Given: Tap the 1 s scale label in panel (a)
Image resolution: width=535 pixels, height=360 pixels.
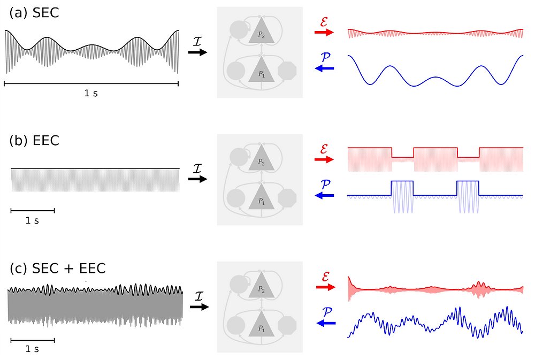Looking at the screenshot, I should pyautogui.click(x=91, y=93).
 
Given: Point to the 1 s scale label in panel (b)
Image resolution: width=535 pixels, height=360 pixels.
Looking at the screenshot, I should pyautogui.click(x=33, y=220).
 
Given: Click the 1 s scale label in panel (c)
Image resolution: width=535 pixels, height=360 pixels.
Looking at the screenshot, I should pyautogui.click(x=33, y=349).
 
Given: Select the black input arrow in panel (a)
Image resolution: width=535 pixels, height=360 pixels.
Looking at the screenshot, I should pyautogui.click(x=197, y=52).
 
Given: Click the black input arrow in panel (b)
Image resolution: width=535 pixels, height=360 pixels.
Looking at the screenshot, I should pyautogui.click(x=197, y=179).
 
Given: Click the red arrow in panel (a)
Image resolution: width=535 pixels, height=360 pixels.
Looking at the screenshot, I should pyautogui.click(x=324, y=32).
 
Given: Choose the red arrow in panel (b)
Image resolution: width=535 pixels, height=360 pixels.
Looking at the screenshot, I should pyautogui.click(x=324, y=159).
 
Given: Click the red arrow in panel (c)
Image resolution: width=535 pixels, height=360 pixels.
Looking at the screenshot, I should pyautogui.click(x=324, y=287).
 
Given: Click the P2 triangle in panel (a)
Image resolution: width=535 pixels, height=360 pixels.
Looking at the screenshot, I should pyautogui.click(x=261, y=34).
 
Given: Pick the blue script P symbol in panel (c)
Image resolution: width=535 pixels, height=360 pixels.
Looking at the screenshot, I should pyautogui.click(x=325, y=310).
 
